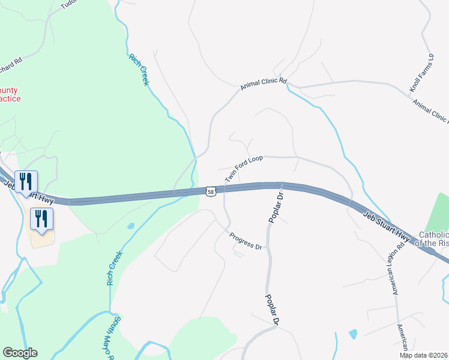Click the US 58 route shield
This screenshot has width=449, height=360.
[x=209, y=191]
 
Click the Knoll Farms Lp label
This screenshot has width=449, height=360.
[x=421, y=74]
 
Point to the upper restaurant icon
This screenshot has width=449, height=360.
[x=26, y=181]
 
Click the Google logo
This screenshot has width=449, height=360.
[x=20, y=353]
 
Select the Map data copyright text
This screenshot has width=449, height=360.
[x=424, y=355]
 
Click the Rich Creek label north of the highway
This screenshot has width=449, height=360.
[x=138, y=70]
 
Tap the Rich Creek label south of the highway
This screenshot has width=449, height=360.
[x=113, y=268]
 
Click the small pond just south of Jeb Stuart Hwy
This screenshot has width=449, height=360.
[x=131, y=226]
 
